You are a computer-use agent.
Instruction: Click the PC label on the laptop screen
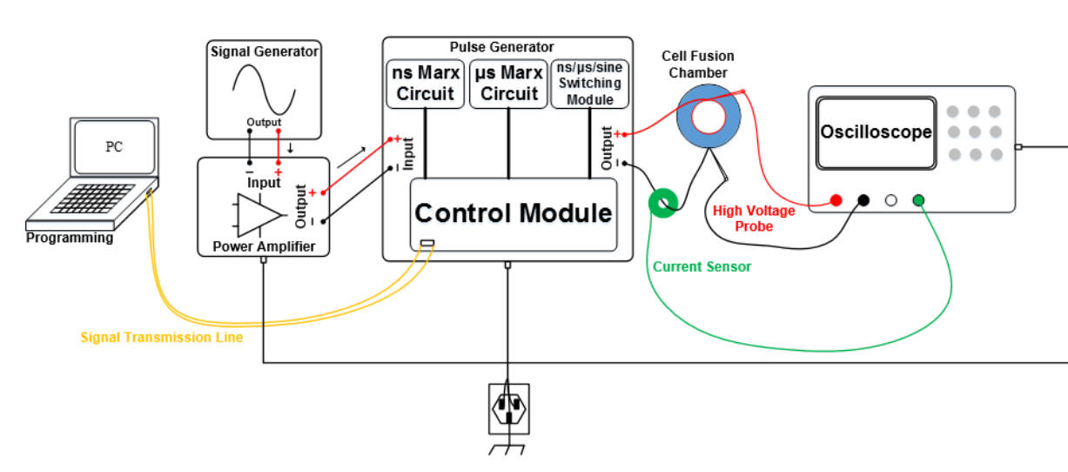point(114,146)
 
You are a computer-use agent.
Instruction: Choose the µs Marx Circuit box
point(508,84)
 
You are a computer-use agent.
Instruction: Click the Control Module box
point(513,213)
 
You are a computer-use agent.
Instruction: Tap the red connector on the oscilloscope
point(836,200)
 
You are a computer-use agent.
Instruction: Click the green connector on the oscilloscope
point(918,200)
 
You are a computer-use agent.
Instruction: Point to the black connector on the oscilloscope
point(863,200)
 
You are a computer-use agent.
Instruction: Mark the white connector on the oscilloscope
point(890,200)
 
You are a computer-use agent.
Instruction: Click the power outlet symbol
point(508,408)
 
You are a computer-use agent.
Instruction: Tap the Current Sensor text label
point(702,266)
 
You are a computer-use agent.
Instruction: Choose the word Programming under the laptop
point(70,238)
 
